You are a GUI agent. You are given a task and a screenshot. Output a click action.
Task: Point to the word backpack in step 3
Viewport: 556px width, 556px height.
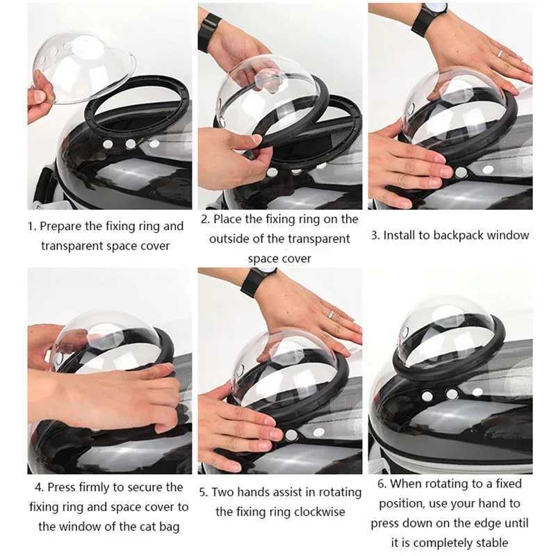click(461, 236)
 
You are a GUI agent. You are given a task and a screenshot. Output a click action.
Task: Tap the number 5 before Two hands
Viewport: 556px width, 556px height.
click(203, 493)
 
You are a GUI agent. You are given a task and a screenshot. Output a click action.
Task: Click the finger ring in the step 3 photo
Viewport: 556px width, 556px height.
click(499, 54)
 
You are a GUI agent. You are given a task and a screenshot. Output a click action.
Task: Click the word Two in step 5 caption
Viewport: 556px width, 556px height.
click(223, 493)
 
